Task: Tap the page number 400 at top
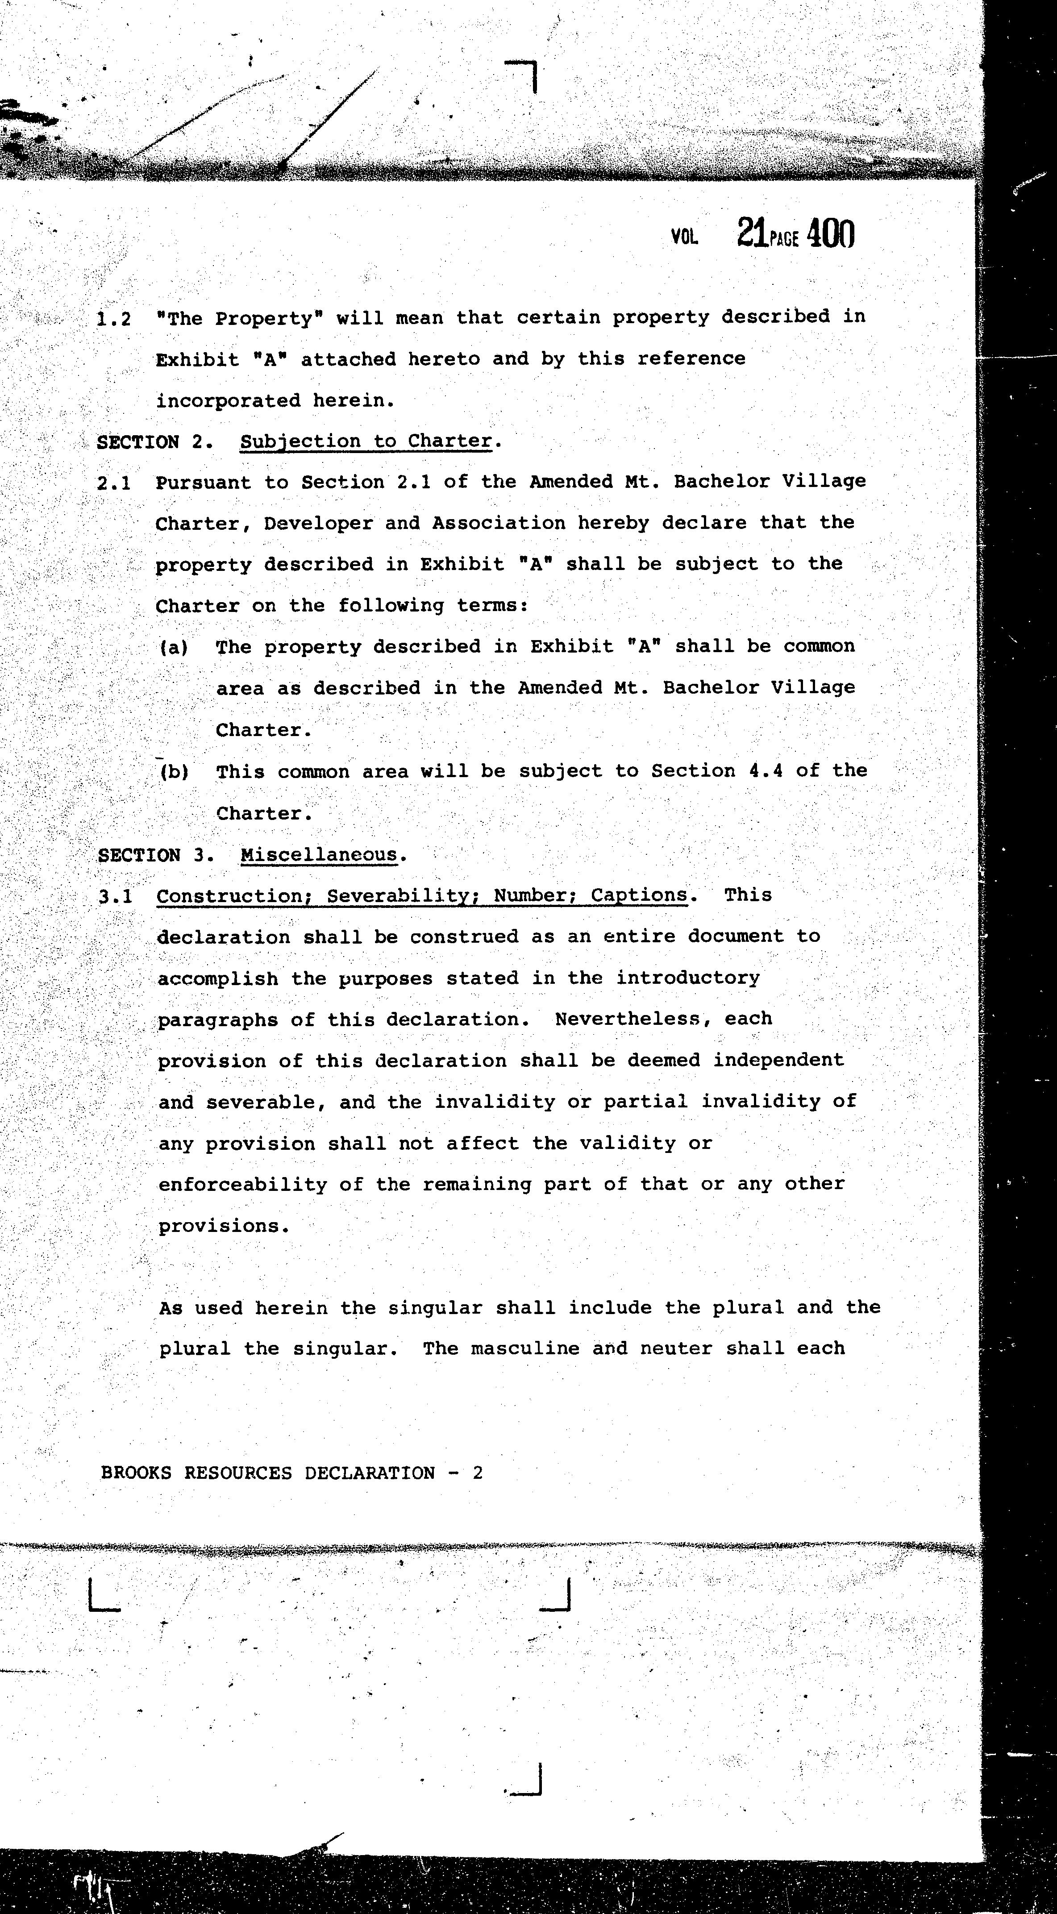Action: (830, 233)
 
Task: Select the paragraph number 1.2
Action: (114, 320)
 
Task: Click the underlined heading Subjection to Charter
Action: (366, 441)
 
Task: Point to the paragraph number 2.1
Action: (114, 483)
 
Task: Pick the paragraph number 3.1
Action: (115, 896)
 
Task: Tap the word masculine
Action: (523, 1348)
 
